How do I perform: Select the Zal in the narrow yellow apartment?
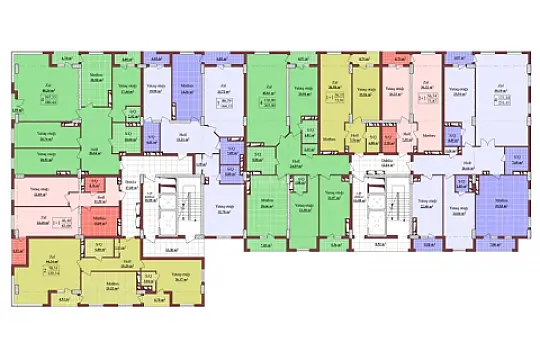click(333, 91)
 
